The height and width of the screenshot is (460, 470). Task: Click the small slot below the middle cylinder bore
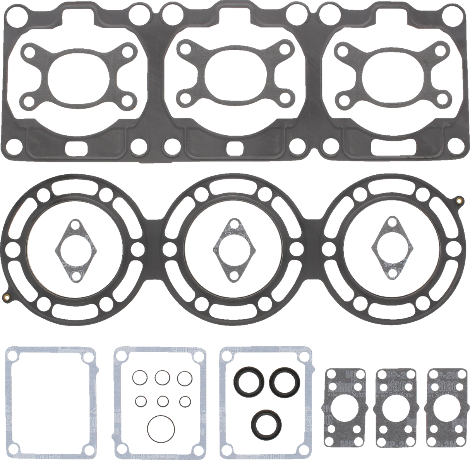(234, 147)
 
